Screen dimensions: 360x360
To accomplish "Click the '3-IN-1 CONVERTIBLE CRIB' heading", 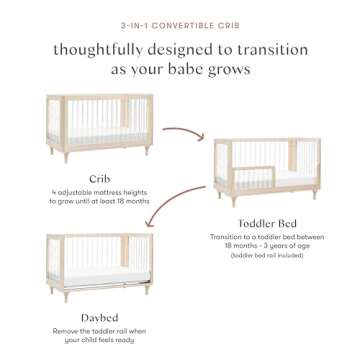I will (179, 20).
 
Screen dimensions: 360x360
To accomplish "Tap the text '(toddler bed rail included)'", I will (265, 256).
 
